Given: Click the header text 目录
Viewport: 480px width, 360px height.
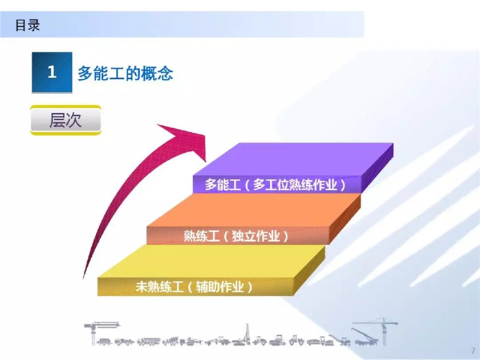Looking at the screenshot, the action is click(x=27, y=25).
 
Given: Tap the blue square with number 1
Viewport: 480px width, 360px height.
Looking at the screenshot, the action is click(x=52, y=72).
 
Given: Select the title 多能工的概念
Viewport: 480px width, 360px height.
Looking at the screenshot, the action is click(x=125, y=73).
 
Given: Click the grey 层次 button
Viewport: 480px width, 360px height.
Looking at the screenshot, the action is click(x=66, y=120).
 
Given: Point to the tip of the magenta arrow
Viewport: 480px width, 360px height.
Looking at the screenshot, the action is click(x=206, y=162).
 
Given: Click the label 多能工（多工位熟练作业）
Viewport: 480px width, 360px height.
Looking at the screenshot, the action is click(x=275, y=184).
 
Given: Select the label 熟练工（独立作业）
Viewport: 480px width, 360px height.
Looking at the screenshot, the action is click(x=236, y=236).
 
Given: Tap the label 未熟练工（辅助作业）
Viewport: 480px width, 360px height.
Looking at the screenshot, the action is click(x=194, y=287).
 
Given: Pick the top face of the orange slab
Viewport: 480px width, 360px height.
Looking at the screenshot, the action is click(x=254, y=211).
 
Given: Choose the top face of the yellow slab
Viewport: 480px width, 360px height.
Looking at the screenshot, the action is click(x=211, y=262).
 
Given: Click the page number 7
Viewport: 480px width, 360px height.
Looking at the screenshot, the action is click(x=473, y=351).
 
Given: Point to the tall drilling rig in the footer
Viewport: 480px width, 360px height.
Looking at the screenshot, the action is click(x=247, y=335).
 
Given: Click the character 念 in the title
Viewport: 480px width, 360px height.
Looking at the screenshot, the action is click(x=165, y=73).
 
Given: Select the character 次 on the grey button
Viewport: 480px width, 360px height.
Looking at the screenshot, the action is click(x=74, y=120).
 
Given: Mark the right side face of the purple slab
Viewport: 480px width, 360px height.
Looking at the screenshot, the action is click(x=377, y=168).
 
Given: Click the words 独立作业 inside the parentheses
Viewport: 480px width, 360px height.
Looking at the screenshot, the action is click(x=256, y=236).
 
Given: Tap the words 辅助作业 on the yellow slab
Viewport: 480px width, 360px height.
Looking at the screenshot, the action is click(x=220, y=287).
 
